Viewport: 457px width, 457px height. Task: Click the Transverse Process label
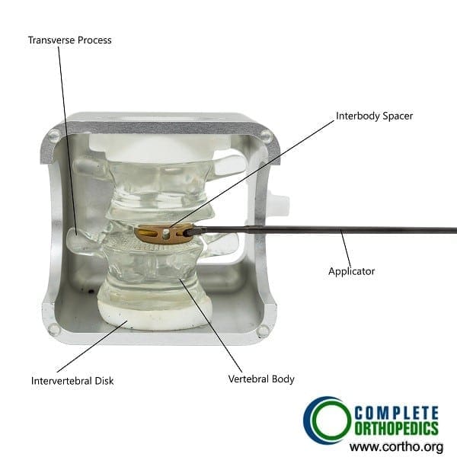(69, 40)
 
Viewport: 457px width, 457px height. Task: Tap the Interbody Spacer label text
(375, 116)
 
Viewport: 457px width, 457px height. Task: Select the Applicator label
(351, 271)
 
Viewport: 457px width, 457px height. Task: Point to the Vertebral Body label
(261, 379)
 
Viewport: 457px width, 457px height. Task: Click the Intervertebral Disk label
(72, 381)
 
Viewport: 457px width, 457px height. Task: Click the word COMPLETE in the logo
(396, 414)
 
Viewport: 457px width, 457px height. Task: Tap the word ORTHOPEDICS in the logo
(396, 428)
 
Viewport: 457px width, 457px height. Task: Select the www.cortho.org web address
(396, 446)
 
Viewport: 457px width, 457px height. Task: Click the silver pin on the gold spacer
(166, 234)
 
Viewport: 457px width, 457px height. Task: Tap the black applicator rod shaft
(321, 229)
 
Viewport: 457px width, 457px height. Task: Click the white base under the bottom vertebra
(155, 315)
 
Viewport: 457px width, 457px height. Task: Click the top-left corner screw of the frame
(54, 135)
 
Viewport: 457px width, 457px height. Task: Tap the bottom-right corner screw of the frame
(263, 331)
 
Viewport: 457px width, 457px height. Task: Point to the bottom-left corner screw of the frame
(54, 330)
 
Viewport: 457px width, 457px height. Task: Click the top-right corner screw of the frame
(267, 136)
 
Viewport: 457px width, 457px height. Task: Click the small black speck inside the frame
(91, 291)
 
